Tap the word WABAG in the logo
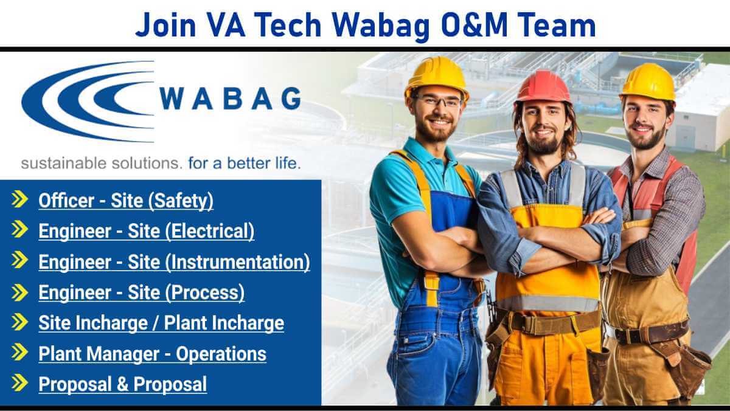click(230, 98)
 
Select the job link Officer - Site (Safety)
click(126, 201)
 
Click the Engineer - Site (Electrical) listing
click(147, 231)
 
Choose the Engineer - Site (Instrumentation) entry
click(175, 262)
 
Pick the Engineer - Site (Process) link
click(141, 292)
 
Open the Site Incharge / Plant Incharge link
click(161, 323)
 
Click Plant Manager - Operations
click(152, 354)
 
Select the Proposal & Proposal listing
click(122, 384)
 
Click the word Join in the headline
click(166, 26)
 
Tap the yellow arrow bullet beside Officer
click(19, 199)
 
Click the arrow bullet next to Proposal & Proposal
click(19, 383)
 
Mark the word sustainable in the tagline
click(63, 164)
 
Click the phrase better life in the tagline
click(263, 163)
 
